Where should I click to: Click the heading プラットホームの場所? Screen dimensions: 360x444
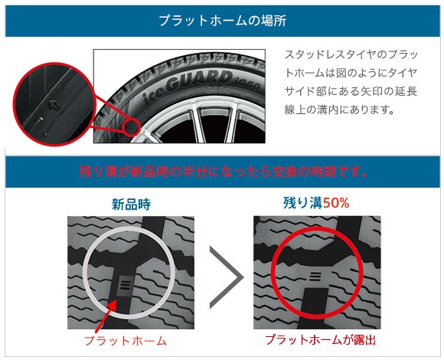(222, 21)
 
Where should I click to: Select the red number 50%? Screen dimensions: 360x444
(338, 205)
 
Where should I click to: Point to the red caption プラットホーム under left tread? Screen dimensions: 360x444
(126, 339)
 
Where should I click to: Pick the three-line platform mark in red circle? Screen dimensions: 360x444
(314, 272)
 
